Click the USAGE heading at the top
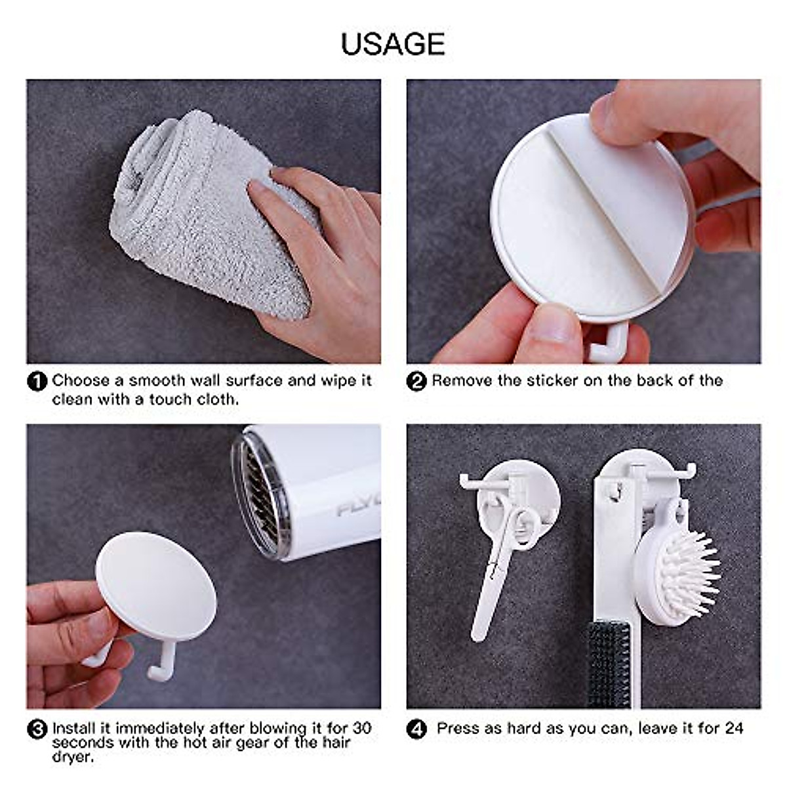393,44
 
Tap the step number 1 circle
37,381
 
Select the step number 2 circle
416,381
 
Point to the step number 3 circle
37,729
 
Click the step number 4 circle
416,729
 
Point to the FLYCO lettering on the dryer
357,508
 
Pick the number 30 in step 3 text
361,728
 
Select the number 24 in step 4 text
734,728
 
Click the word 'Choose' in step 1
81,380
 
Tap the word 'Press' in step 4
458,728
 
